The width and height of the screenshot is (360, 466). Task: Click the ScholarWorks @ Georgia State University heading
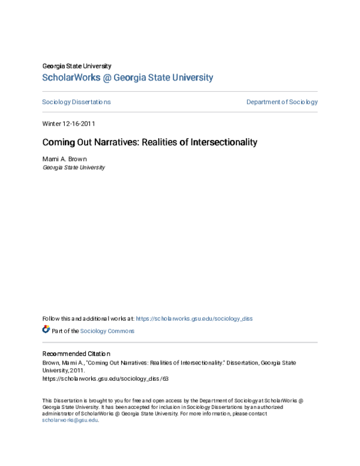[x=127, y=77]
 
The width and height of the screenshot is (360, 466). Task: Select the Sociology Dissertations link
[x=76, y=102]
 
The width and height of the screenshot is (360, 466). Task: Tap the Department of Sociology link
[x=281, y=102]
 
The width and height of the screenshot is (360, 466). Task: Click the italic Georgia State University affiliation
[x=73, y=168]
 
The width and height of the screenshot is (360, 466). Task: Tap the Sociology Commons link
[x=107, y=331]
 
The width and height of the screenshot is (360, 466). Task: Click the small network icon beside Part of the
[x=46, y=330]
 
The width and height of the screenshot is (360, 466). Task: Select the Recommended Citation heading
[x=76, y=354]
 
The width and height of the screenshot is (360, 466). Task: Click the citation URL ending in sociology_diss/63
[x=105, y=379]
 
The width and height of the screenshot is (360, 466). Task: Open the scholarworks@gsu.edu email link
[x=70, y=420]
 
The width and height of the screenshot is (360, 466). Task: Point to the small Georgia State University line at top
[x=76, y=66]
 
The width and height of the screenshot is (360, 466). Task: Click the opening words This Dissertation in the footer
[x=63, y=401]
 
